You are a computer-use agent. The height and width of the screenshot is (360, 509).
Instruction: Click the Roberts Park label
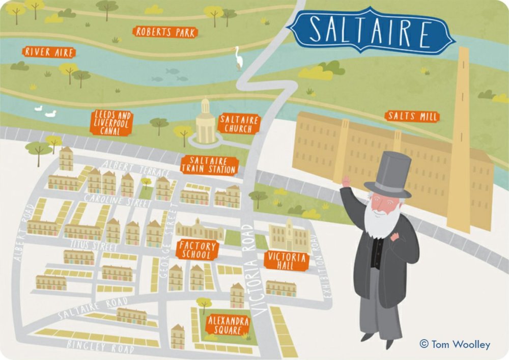pos(165,32)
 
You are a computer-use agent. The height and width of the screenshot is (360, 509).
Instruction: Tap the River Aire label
pos(49,52)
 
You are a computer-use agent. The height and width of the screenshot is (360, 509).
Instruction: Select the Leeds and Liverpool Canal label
pos(112,122)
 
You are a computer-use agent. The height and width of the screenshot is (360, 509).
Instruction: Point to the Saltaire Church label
pos(239,124)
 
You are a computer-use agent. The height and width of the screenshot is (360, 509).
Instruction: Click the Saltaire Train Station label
pos(209,165)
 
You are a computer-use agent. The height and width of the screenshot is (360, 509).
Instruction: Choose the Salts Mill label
pos(412,116)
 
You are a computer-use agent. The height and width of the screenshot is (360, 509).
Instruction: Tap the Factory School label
pos(197,250)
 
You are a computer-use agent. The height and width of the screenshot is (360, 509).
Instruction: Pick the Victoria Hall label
pos(286,260)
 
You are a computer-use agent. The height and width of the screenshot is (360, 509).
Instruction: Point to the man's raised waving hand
pos(346,182)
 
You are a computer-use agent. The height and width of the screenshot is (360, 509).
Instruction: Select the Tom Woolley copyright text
pos(455,344)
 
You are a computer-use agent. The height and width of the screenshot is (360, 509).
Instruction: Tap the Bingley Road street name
pos(100,346)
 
